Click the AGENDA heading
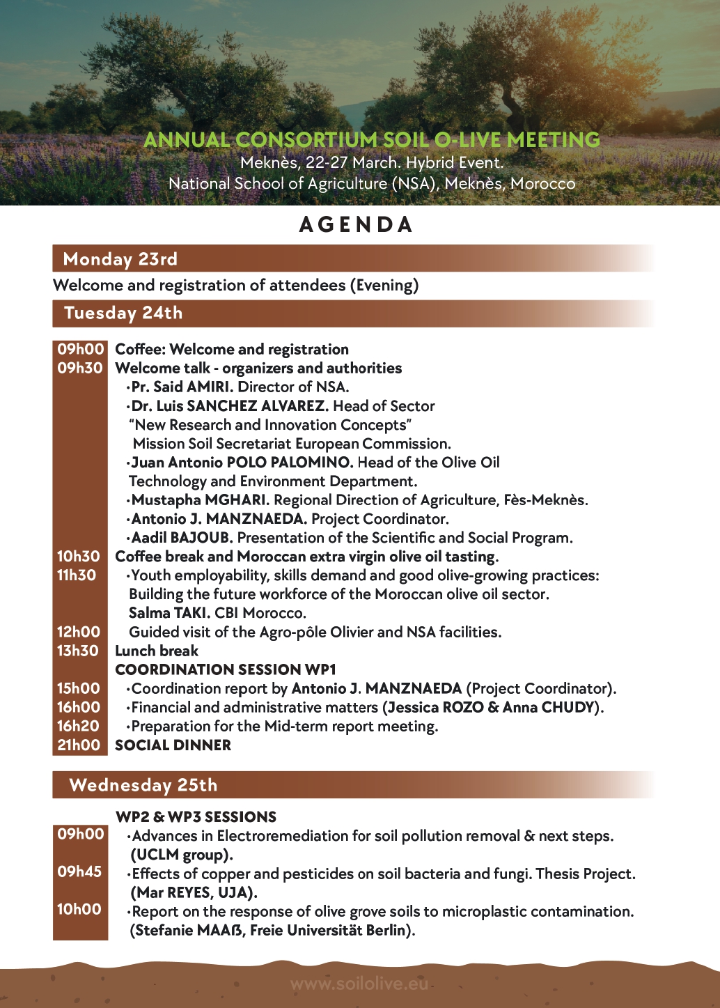click(x=356, y=224)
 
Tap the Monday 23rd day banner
click(x=120, y=259)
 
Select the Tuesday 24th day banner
click(x=123, y=313)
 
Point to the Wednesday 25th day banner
click(x=143, y=785)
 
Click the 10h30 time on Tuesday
click(x=79, y=557)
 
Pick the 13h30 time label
click(x=78, y=651)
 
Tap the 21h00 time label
click(x=79, y=745)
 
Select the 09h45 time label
click(x=79, y=871)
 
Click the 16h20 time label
click(x=78, y=726)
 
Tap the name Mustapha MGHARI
click(x=200, y=500)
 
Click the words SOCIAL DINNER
click(x=173, y=745)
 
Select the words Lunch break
click(x=157, y=651)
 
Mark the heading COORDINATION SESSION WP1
click(x=226, y=669)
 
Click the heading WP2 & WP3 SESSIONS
click(x=196, y=817)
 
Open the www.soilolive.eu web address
click(x=359, y=984)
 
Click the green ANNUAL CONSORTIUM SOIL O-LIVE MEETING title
click(x=372, y=140)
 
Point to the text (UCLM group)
click(x=182, y=855)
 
